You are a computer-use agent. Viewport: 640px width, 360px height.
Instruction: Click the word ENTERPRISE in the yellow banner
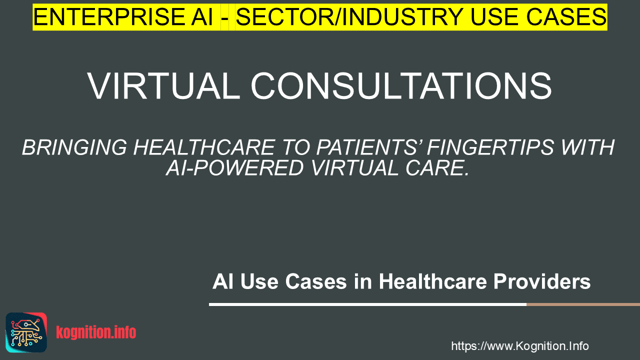109,17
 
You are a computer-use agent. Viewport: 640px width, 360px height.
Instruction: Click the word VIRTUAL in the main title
163,85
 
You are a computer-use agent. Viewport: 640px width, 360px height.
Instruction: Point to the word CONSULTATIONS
401,85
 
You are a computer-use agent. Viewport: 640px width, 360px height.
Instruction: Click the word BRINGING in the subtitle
74,147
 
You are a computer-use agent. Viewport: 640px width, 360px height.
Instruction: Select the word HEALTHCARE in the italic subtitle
204,147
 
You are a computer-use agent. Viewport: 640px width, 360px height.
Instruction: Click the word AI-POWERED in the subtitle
235,168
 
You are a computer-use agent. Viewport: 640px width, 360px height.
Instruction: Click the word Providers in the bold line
542,281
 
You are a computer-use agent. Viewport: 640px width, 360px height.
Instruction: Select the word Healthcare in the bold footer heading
432,281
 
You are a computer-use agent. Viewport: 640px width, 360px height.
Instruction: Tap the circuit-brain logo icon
26,332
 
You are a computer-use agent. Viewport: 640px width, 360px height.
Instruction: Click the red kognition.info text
96,332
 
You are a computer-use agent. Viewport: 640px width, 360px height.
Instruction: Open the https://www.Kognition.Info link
520,346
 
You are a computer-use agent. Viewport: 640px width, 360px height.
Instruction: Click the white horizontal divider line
367,304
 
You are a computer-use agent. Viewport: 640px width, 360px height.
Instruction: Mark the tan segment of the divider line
583,304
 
